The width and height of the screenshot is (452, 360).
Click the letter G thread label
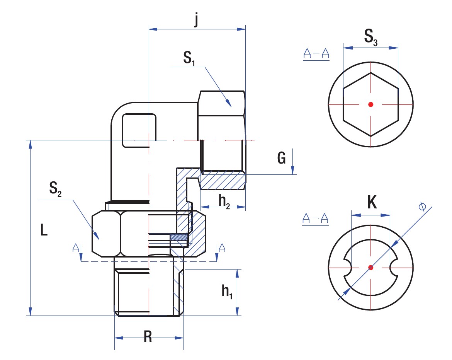click(282, 158)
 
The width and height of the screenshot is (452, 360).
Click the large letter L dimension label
click(44, 231)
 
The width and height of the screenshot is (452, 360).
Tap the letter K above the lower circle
click(371, 202)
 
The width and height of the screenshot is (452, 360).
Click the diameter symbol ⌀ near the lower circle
click(422, 207)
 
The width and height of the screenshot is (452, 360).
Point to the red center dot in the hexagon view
click(371, 104)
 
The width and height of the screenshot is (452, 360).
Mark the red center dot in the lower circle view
click(371, 267)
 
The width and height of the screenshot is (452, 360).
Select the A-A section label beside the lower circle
click(315, 219)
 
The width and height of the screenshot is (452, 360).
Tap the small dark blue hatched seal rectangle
click(179, 237)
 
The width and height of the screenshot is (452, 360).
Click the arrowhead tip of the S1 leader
click(231, 106)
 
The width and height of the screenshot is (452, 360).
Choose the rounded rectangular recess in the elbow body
click(139, 131)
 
